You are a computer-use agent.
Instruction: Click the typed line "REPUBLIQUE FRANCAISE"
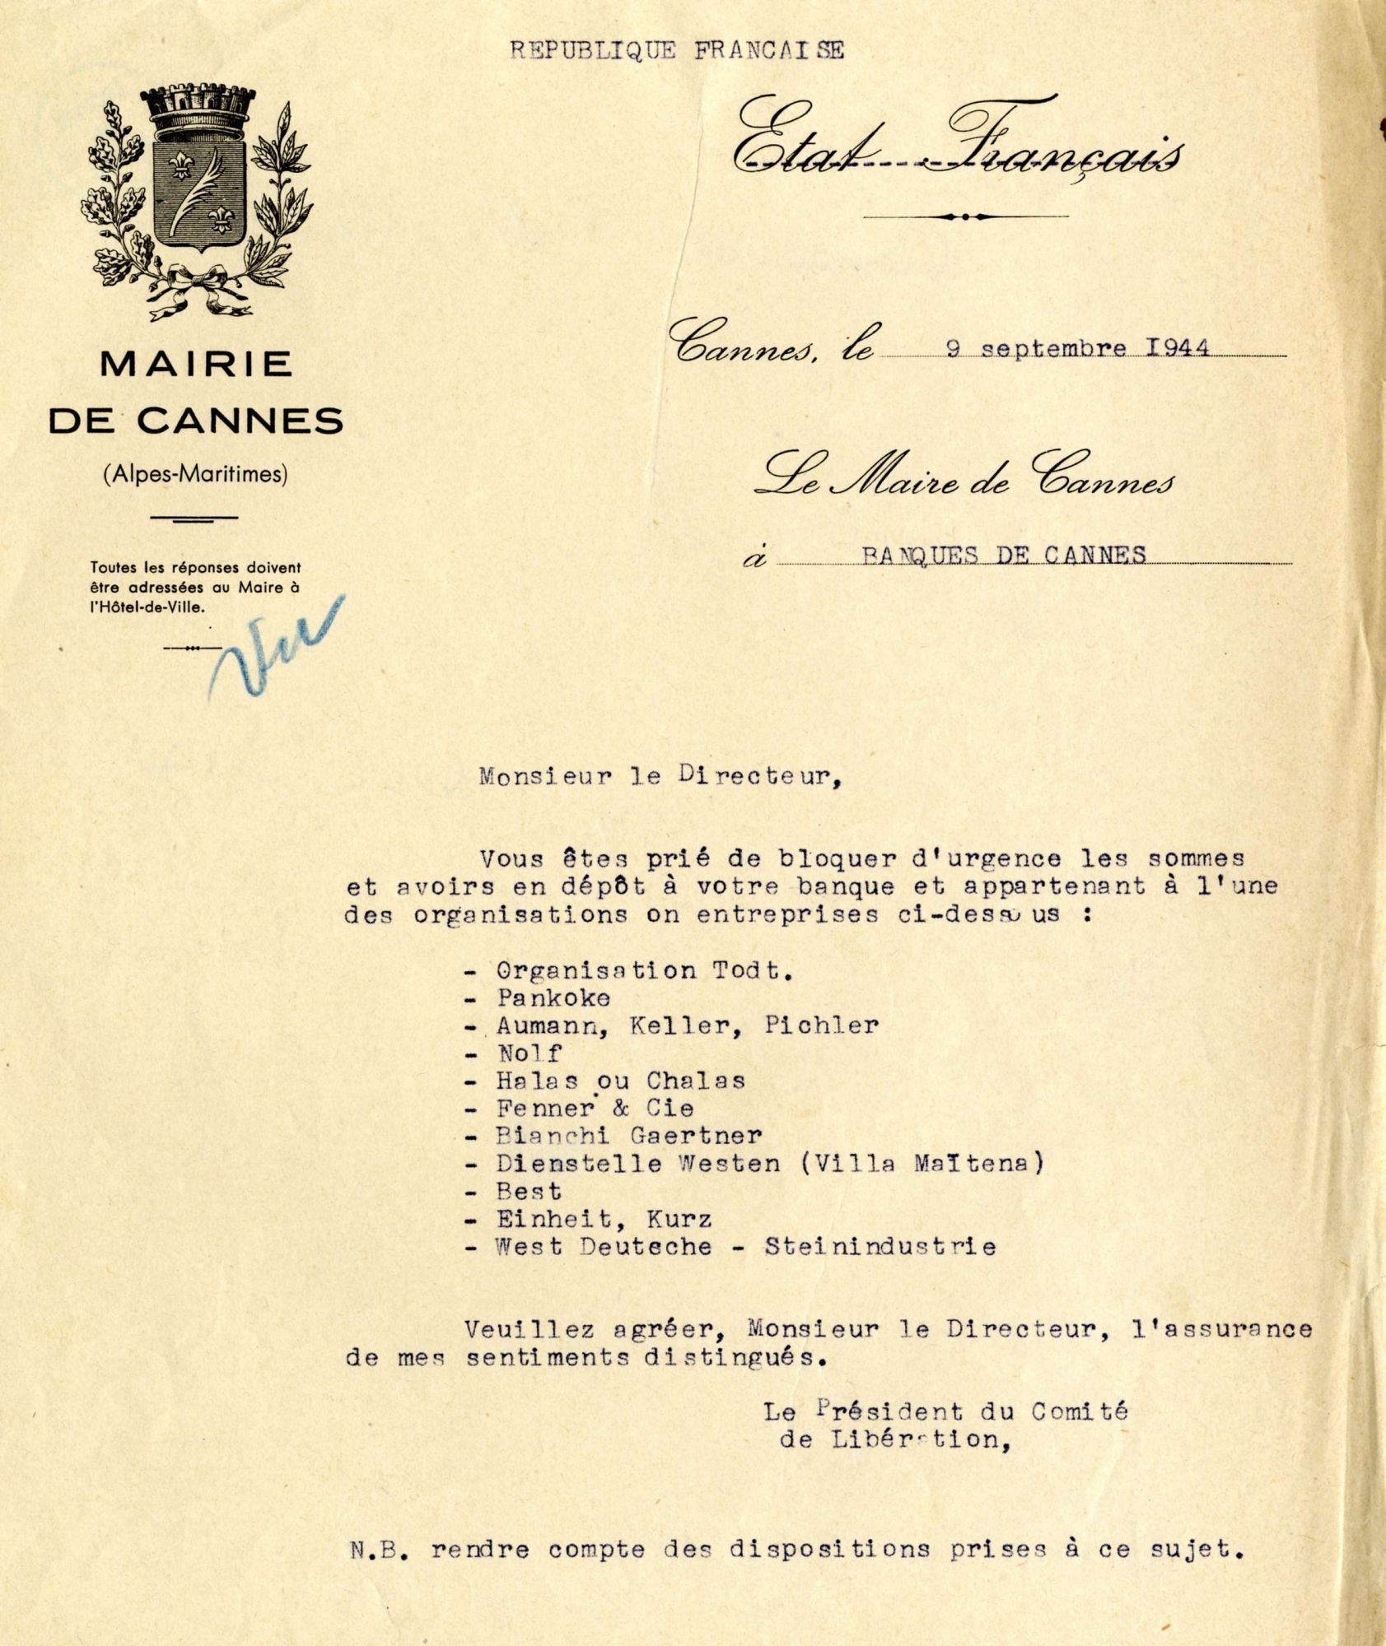click(677, 51)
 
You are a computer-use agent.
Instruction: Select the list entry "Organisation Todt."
click(644, 970)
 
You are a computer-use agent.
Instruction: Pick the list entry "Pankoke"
click(553, 998)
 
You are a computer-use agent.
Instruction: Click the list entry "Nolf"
click(529, 1053)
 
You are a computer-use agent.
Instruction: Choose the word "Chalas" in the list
click(695, 1081)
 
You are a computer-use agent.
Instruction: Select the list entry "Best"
click(529, 1192)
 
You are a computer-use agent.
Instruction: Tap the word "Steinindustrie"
click(880, 1247)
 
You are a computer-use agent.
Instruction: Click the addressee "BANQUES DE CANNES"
click(1004, 555)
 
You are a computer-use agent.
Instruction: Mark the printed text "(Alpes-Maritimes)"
click(196, 474)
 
